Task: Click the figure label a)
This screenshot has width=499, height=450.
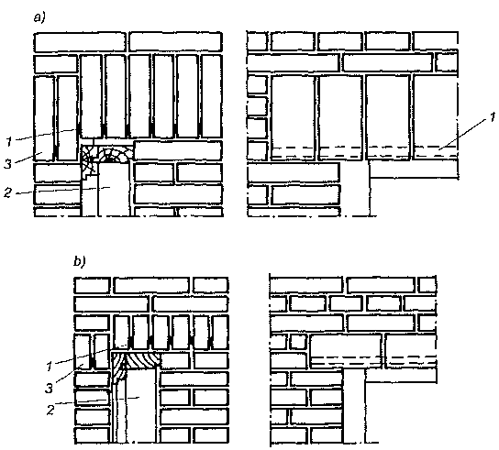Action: click(x=39, y=17)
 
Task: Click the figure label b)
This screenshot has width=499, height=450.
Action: click(x=80, y=261)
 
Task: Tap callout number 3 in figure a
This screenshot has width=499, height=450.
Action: click(x=8, y=164)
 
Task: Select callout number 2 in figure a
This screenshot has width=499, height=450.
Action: click(x=7, y=192)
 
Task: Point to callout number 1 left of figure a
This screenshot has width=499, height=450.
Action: click(x=9, y=141)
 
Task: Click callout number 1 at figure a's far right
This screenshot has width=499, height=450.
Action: click(x=493, y=117)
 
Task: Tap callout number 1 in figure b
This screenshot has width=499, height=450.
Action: click(x=49, y=367)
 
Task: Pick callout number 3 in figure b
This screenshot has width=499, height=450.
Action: click(x=49, y=389)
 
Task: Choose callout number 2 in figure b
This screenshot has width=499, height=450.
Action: click(x=50, y=410)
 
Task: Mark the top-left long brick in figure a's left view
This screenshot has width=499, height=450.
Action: click(x=80, y=42)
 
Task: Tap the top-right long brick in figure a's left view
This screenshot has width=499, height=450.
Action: click(x=176, y=42)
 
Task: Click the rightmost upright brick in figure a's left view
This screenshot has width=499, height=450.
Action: click(x=212, y=96)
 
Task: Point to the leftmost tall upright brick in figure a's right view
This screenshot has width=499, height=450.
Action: click(x=293, y=117)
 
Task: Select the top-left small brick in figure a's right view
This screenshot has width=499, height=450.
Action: click(x=257, y=41)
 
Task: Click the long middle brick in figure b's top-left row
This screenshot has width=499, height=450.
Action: click(x=151, y=285)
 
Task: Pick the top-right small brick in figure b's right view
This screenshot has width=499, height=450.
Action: click(x=427, y=285)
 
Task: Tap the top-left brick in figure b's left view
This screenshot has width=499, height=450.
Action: click(x=93, y=285)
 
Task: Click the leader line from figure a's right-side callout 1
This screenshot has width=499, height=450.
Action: click(x=463, y=134)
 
